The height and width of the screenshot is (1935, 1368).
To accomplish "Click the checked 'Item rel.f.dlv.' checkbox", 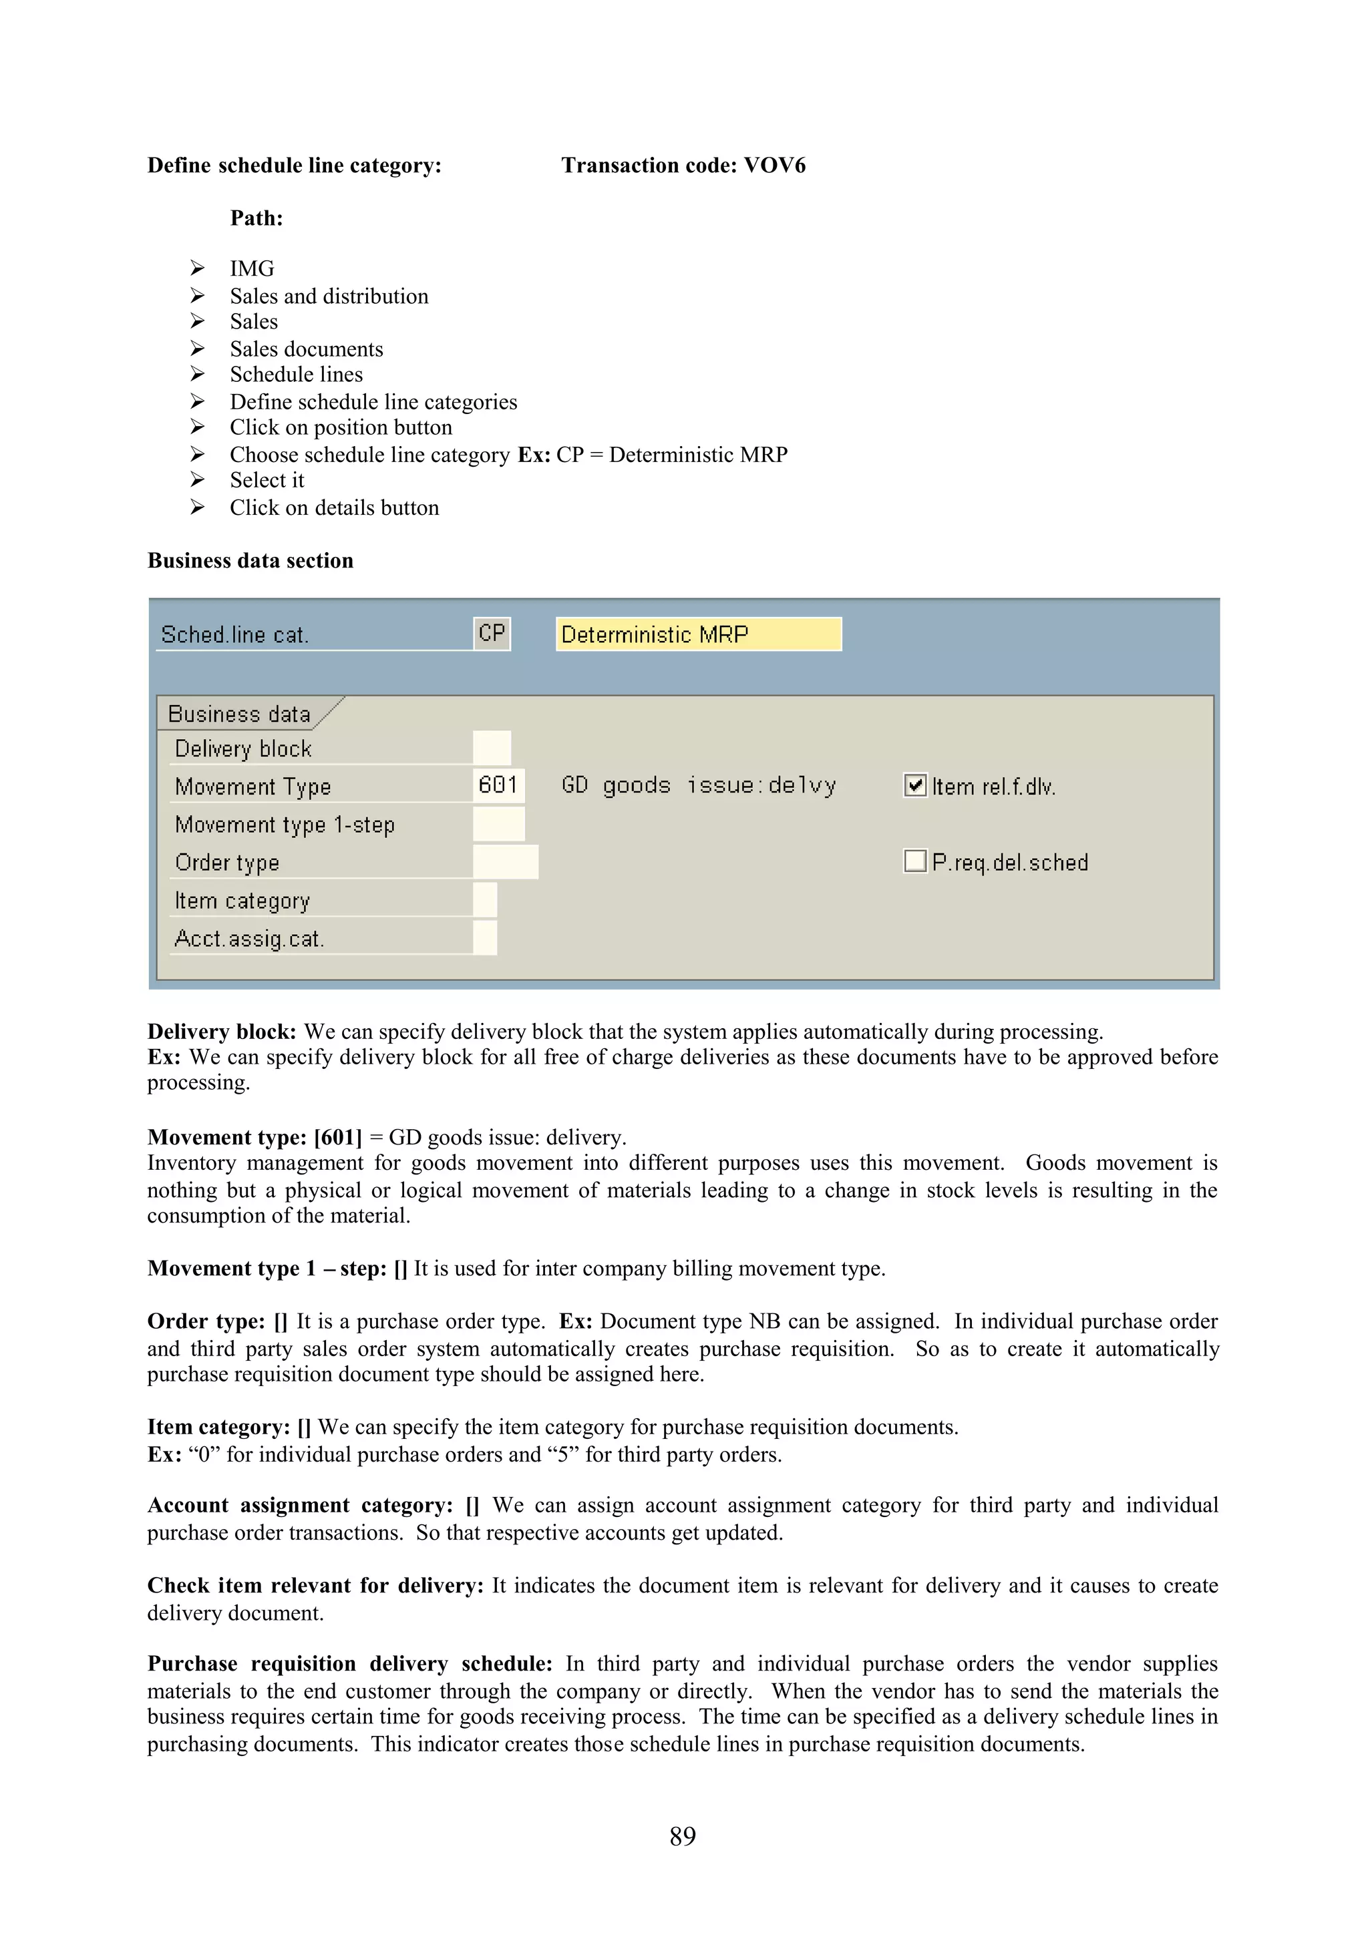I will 914,785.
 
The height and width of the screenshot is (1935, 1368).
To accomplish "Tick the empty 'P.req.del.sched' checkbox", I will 914,861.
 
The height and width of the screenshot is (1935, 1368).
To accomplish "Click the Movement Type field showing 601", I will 498,785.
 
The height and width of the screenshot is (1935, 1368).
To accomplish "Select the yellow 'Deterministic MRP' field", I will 698,634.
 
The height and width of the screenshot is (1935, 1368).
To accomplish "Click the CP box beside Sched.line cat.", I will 492,633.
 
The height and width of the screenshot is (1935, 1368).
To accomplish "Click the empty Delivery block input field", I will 492,748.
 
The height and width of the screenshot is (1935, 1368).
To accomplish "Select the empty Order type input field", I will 505,861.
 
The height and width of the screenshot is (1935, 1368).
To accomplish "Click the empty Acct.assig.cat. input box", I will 485,938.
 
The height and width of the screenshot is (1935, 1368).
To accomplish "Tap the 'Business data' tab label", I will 239,714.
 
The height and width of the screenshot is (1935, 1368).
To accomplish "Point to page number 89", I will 683,1836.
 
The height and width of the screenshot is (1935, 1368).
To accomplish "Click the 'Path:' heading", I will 256,218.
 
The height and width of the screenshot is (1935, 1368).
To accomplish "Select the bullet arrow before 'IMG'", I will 197,268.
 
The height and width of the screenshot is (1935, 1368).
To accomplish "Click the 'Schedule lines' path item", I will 296,374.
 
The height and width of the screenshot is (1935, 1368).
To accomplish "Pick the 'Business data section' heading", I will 250,560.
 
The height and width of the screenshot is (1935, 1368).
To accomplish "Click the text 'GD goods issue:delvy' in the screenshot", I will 699,785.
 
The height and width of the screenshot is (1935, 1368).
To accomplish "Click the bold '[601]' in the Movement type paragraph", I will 337,1137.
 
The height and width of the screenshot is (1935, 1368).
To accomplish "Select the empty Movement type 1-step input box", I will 498,823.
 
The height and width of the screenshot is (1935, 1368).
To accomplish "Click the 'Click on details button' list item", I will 334,507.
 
